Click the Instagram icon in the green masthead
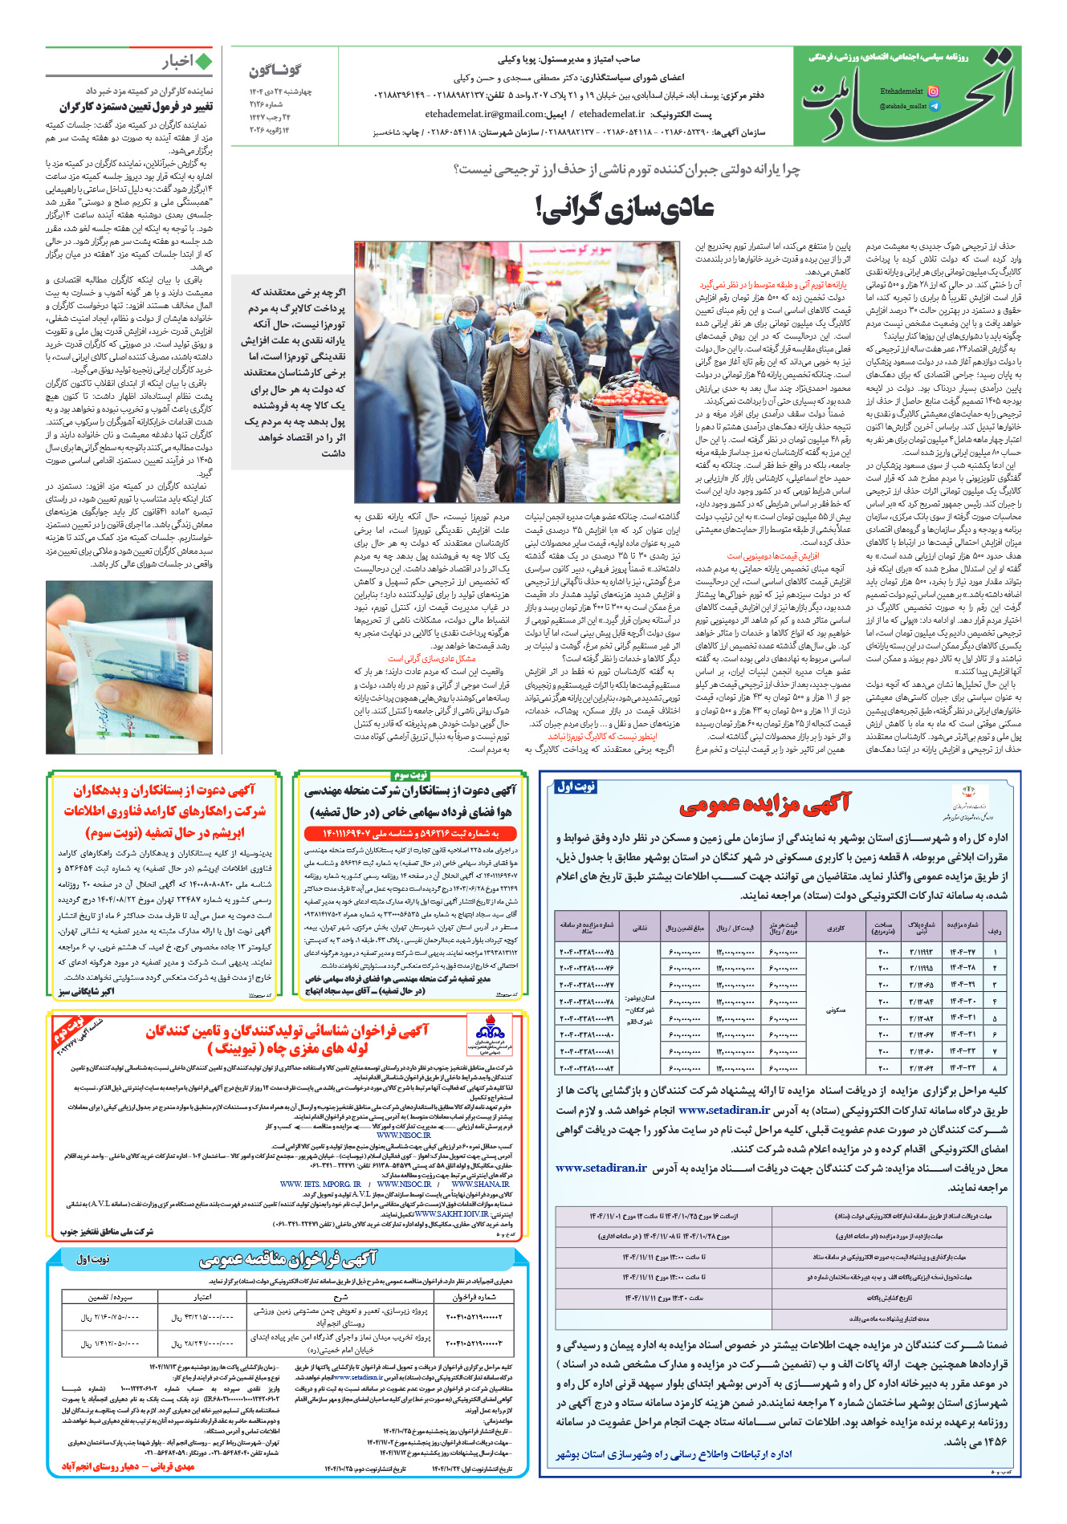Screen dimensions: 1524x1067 point(933,91)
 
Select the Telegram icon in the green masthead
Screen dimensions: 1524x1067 point(933,106)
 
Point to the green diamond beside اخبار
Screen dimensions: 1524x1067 point(204,63)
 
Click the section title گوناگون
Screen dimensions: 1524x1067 point(275,71)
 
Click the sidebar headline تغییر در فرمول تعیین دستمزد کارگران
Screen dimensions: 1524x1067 point(136,107)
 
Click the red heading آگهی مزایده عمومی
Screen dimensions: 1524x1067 point(764,803)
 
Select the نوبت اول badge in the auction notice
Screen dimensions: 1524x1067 point(576,786)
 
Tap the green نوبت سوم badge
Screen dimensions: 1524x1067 point(410,774)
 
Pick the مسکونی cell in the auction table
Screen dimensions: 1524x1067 point(835,1010)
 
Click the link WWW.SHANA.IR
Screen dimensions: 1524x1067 point(480,1185)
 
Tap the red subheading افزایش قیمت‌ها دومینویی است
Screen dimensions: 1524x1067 point(772,555)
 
